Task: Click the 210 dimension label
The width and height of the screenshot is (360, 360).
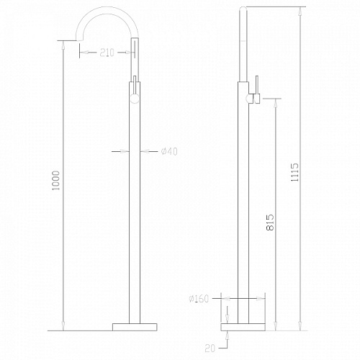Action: tap(107, 53)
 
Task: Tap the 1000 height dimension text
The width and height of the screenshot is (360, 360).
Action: tap(56, 181)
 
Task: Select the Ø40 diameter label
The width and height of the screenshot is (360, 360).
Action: tap(169, 151)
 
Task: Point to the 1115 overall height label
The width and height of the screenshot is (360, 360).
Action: tap(295, 172)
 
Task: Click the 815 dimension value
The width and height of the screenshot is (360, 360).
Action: tap(270, 222)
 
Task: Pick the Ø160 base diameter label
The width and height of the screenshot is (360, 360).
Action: tap(199, 299)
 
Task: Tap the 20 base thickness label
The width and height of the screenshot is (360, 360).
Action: tap(210, 348)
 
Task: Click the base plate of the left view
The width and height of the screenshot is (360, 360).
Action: tap(135, 327)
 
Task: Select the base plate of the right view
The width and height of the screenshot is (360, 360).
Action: tap(243, 327)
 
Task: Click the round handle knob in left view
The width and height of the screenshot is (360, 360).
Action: tap(135, 99)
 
